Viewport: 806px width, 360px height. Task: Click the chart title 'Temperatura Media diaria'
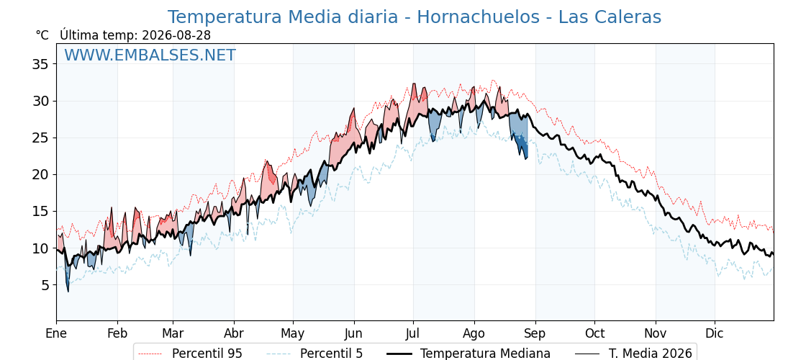(x=283, y=17)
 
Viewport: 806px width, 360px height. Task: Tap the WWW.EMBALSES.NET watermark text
(x=150, y=55)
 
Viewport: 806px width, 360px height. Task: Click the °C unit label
(x=42, y=35)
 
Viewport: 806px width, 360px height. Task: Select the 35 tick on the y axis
(x=40, y=64)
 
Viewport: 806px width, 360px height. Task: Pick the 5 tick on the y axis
(x=44, y=285)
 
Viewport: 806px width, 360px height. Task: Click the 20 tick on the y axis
(x=40, y=175)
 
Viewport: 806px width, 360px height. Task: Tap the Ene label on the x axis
(x=56, y=333)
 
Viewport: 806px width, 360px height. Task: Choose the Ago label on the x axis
(x=474, y=333)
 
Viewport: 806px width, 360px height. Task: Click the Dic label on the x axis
(x=714, y=333)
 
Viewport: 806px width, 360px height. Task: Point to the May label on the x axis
(x=292, y=333)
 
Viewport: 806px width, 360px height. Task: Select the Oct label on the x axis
(x=594, y=333)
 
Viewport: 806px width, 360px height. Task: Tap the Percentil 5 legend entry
(x=315, y=354)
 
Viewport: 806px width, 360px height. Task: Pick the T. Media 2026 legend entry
(x=634, y=354)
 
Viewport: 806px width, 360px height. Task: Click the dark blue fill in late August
(x=521, y=143)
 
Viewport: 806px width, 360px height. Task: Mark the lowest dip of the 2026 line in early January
(x=68, y=292)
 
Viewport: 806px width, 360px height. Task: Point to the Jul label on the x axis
(x=413, y=333)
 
